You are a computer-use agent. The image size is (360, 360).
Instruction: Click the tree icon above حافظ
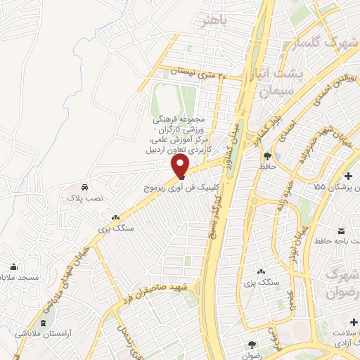point(267,156)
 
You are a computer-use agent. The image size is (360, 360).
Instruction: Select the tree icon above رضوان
point(252,344)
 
